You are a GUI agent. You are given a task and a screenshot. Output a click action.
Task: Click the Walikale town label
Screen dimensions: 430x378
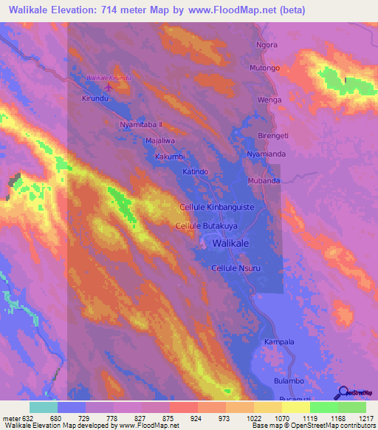coord(230,242)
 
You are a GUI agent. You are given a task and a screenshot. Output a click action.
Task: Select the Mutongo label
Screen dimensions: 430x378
coord(264,68)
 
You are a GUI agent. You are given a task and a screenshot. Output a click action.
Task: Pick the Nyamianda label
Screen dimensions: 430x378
coord(265,154)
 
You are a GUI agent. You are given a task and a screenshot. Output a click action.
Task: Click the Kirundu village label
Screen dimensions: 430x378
coord(95,98)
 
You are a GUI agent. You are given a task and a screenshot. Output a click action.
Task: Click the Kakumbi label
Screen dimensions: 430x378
coord(169,157)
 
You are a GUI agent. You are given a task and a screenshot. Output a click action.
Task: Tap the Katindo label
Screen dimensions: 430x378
coord(196,171)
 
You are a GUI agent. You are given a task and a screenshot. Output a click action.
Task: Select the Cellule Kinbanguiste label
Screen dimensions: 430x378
coord(216,208)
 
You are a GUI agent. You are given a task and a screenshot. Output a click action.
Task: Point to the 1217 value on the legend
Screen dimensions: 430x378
coord(357,417)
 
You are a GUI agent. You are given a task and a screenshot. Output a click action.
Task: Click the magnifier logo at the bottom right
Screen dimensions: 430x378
coord(343,393)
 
